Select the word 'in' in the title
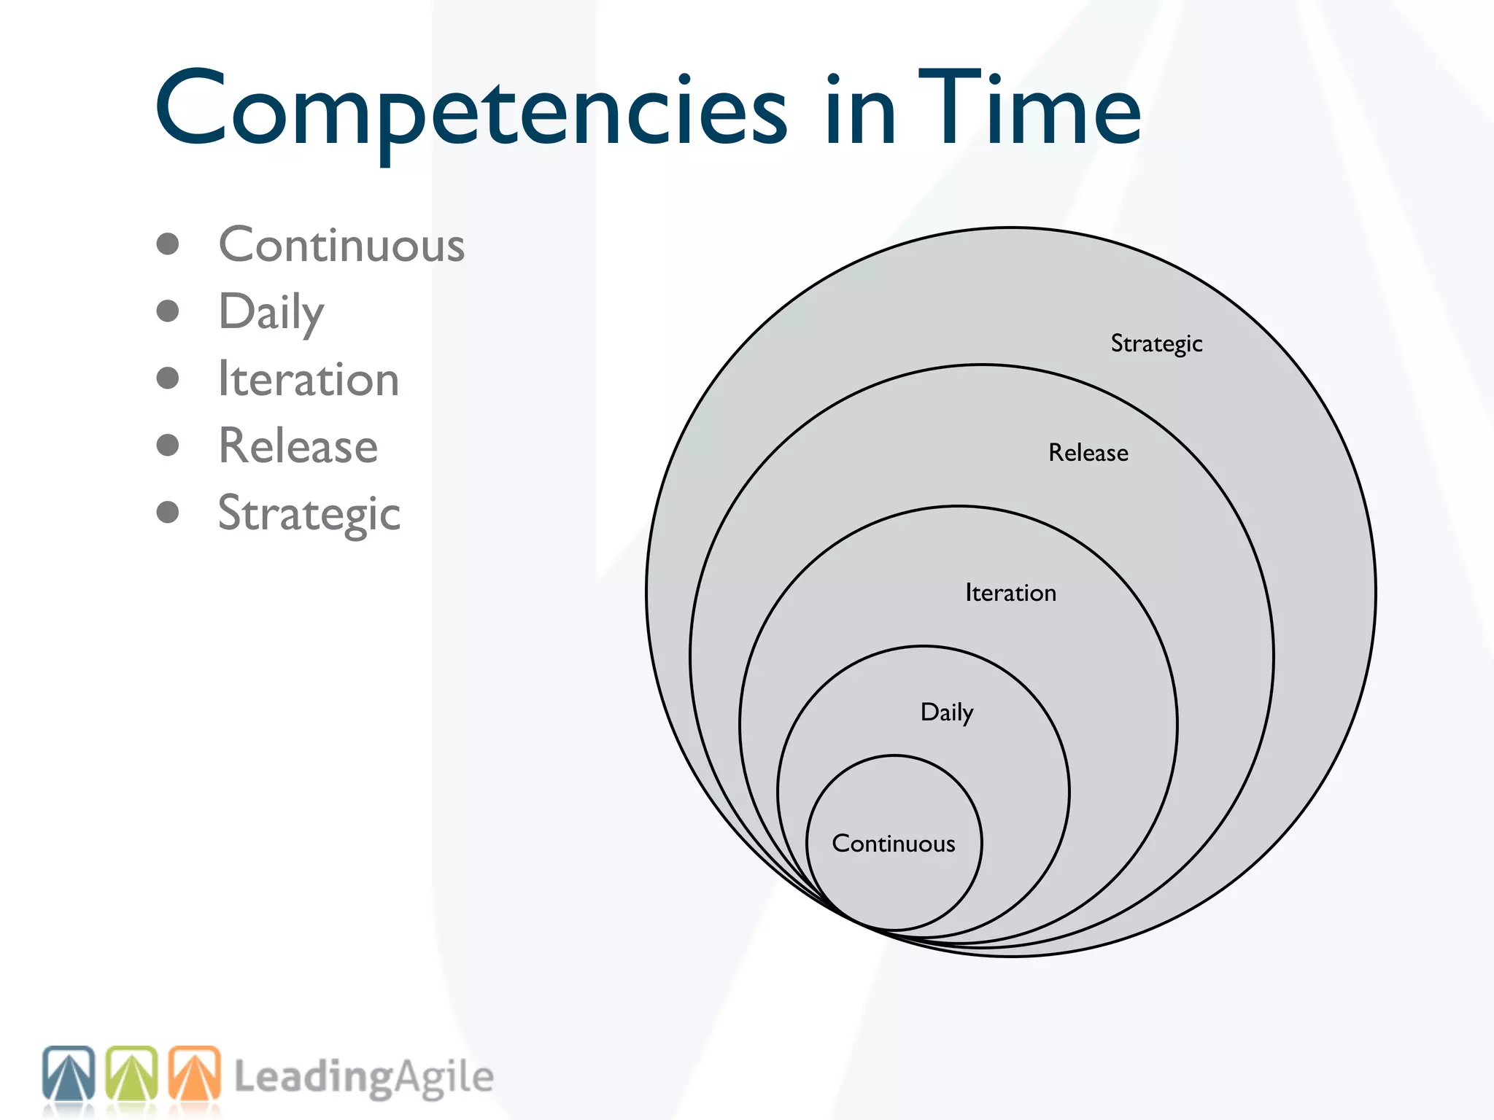[x=860, y=109]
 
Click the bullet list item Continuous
[x=341, y=245]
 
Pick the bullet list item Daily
[x=271, y=312]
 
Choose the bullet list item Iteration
[x=309, y=379]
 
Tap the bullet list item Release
[x=298, y=446]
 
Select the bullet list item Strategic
[x=309, y=514]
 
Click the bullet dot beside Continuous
[x=168, y=244]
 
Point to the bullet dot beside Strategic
[x=168, y=512]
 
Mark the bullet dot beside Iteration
[x=168, y=378]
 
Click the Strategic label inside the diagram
[x=1156, y=343]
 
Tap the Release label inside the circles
[x=1088, y=453]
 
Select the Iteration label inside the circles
[x=1010, y=593]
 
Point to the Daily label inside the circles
[x=947, y=712]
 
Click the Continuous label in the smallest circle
[x=894, y=844]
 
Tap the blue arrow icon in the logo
[x=69, y=1074]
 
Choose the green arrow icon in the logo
[x=132, y=1074]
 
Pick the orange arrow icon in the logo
[x=195, y=1074]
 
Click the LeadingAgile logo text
[x=363, y=1078]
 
